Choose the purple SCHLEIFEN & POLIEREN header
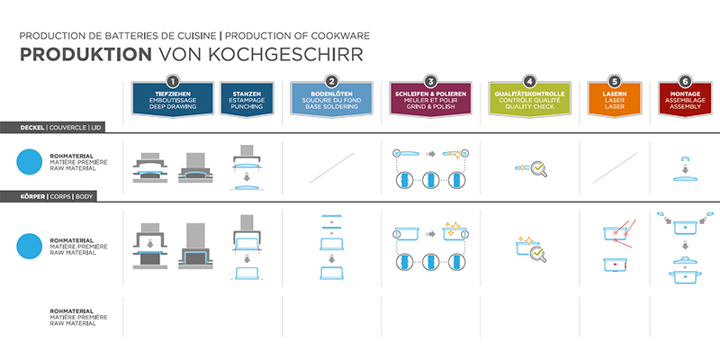pos(430,99)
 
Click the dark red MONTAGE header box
pos(688,99)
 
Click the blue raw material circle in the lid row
pos(31,163)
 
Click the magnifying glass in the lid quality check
pos(539,167)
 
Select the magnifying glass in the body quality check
pos(538,254)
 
